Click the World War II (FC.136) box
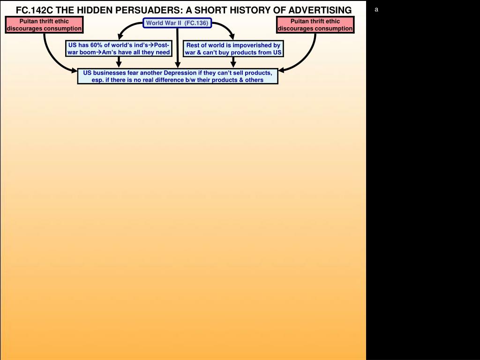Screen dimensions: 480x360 click(177, 23)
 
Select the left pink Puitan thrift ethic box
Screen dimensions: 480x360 click(44, 25)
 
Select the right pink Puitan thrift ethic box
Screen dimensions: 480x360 click(315, 25)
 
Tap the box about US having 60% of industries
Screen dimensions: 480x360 click(119, 49)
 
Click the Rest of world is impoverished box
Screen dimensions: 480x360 click(233, 49)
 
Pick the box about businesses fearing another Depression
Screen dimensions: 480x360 click(178, 76)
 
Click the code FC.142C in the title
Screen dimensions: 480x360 click(34, 10)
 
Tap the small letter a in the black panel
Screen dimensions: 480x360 click(376, 9)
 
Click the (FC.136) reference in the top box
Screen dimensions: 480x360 click(196, 23)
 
